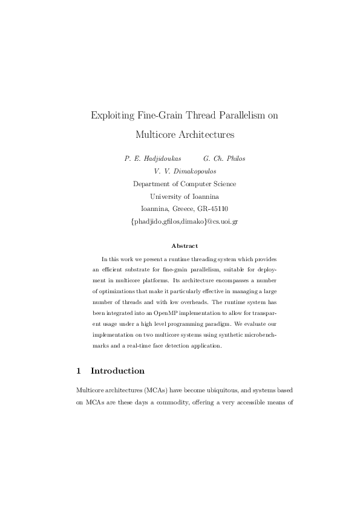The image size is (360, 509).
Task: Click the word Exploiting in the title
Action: click(111, 115)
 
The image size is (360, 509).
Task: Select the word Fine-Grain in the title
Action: click(155, 115)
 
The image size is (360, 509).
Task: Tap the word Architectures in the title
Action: click(201, 134)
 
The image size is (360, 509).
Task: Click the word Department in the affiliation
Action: click(152, 184)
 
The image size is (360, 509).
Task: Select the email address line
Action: click(185, 222)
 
